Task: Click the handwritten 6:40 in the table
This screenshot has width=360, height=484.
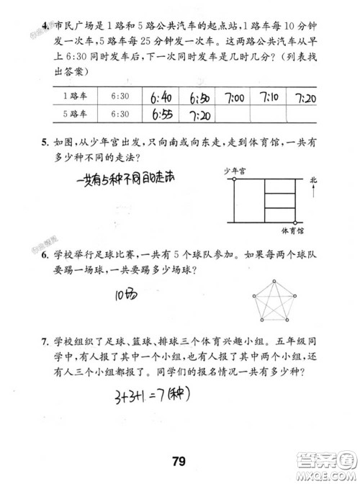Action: coord(161,97)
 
